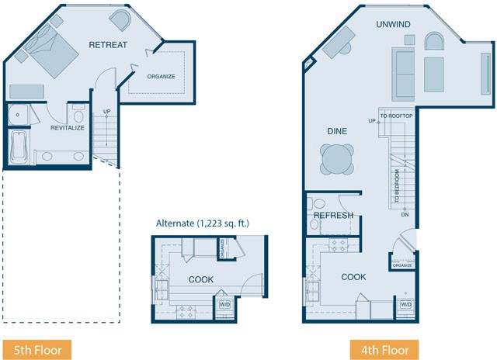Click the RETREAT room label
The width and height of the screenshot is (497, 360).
(x=108, y=45)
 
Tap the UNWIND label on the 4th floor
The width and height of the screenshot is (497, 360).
(x=393, y=24)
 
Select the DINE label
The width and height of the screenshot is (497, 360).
(x=337, y=131)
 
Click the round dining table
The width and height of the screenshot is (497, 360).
(x=336, y=159)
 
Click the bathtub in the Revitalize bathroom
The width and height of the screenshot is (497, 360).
(x=19, y=147)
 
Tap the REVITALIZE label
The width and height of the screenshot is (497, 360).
(x=68, y=128)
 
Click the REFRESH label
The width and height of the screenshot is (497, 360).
(x=333, y=216)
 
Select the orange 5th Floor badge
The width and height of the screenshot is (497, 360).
(x=37, y=350)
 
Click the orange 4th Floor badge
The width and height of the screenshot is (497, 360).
(x=384, y=350)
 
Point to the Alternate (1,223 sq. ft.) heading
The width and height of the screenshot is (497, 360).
(x=202, y=223)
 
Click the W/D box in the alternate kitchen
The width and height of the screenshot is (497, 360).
(x=224, y=305)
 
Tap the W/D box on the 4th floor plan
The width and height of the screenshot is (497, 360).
(x=406, y=305)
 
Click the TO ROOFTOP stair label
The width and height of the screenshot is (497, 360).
(x=397, y=116)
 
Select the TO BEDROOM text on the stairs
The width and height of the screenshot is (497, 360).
(x=397, y=186)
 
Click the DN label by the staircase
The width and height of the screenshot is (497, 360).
(x=405, y=215)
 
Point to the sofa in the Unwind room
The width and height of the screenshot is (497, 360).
(x=403, y=74)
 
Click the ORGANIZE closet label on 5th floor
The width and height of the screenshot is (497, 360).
(x=161, y=77)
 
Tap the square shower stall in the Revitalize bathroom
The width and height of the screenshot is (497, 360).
(x=18, y=114)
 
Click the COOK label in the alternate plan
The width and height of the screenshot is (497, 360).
(x=201, y=279)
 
